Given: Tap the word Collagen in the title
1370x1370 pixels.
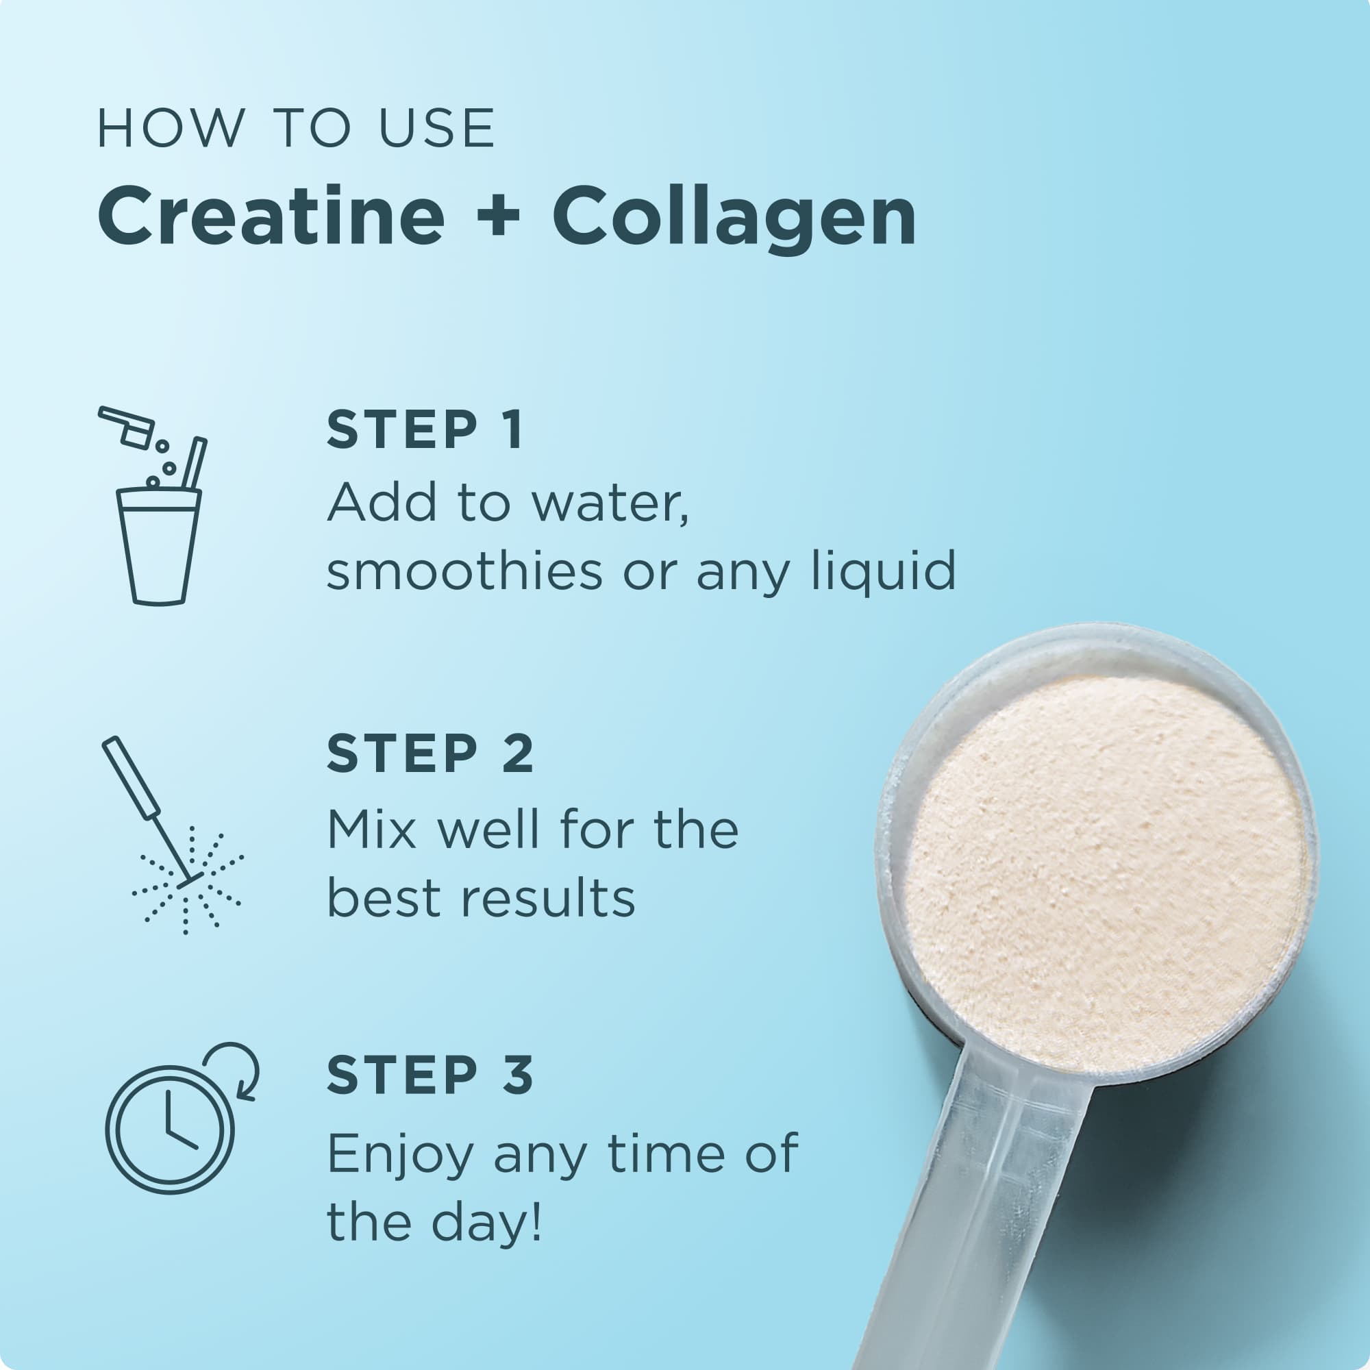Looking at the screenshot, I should [734, 220].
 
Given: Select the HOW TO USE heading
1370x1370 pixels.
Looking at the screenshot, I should [296, 129].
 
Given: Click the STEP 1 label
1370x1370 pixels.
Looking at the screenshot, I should [425, 429].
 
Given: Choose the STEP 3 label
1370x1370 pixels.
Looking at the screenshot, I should [429, 1075].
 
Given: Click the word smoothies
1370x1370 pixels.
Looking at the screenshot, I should [464, 571].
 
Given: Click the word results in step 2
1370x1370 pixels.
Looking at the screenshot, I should [548, 899].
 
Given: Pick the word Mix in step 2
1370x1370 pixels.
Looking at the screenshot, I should [371, 830].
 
